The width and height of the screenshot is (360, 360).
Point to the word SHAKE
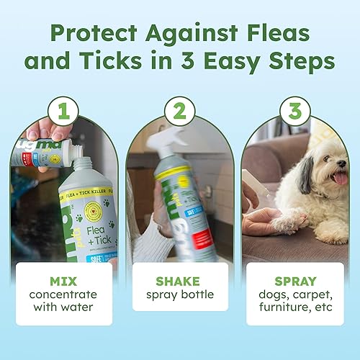click(180, 280)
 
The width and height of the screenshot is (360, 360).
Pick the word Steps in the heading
click(301, 62)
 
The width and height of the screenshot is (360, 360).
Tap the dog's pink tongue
click(340, 178)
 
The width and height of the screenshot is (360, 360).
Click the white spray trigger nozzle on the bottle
click(167, 148)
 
